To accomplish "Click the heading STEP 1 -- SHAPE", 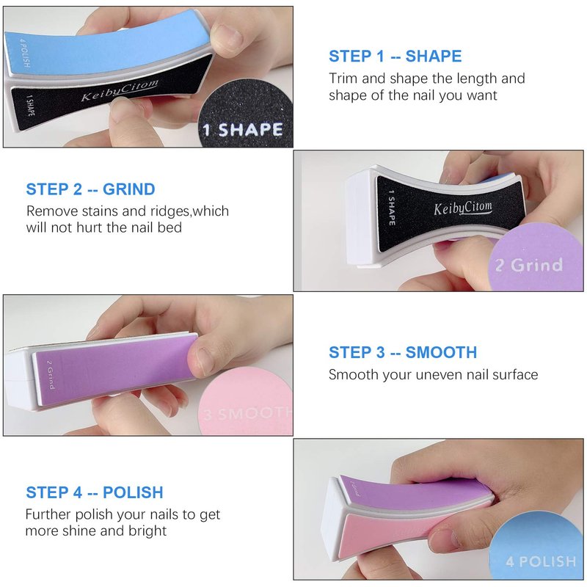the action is [395, 56].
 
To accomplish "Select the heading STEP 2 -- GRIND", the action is [90, 189].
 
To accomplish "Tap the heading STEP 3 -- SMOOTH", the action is [403, 352].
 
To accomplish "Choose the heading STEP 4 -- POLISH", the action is [95, 492].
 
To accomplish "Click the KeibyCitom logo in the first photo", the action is [120, 90].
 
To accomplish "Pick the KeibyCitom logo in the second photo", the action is [463, 208].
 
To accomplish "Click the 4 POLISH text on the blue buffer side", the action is [24, 53].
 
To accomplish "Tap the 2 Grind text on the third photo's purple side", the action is [51, 374].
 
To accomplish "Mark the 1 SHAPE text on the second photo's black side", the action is [392, 208].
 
